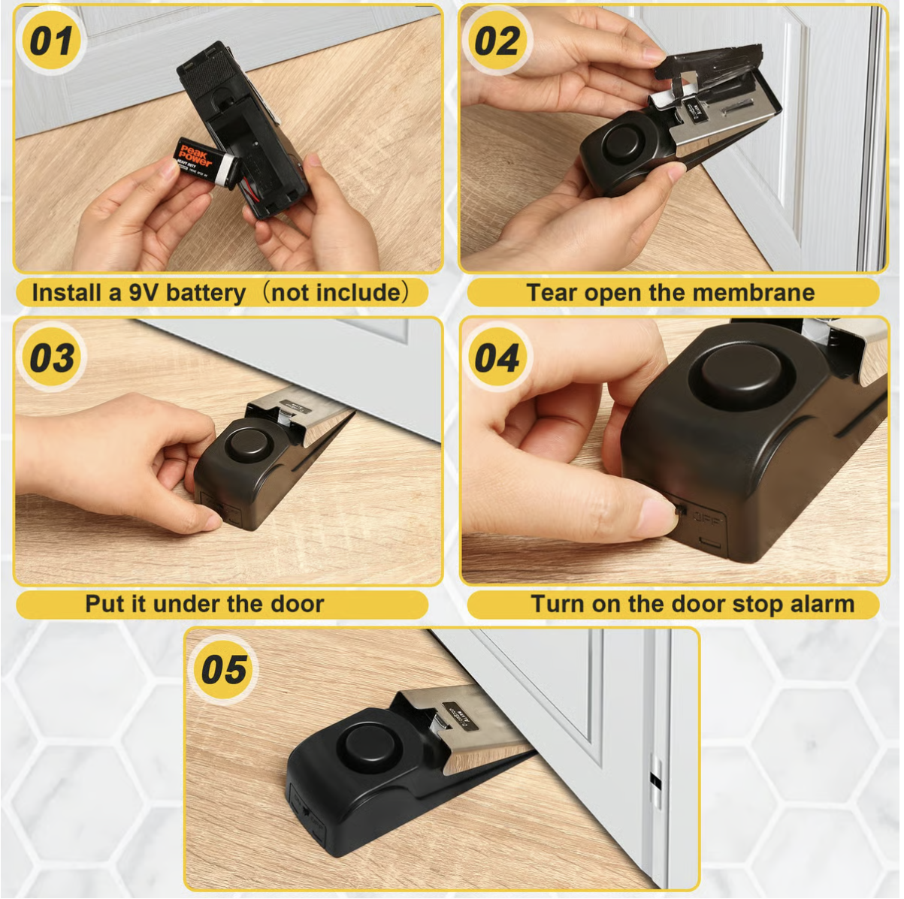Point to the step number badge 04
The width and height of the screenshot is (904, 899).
[496, 357]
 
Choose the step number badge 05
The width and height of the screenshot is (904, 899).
[223, 668]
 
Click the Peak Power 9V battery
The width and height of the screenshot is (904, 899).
[201, 160]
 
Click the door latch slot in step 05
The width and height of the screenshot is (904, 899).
[655, 782]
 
